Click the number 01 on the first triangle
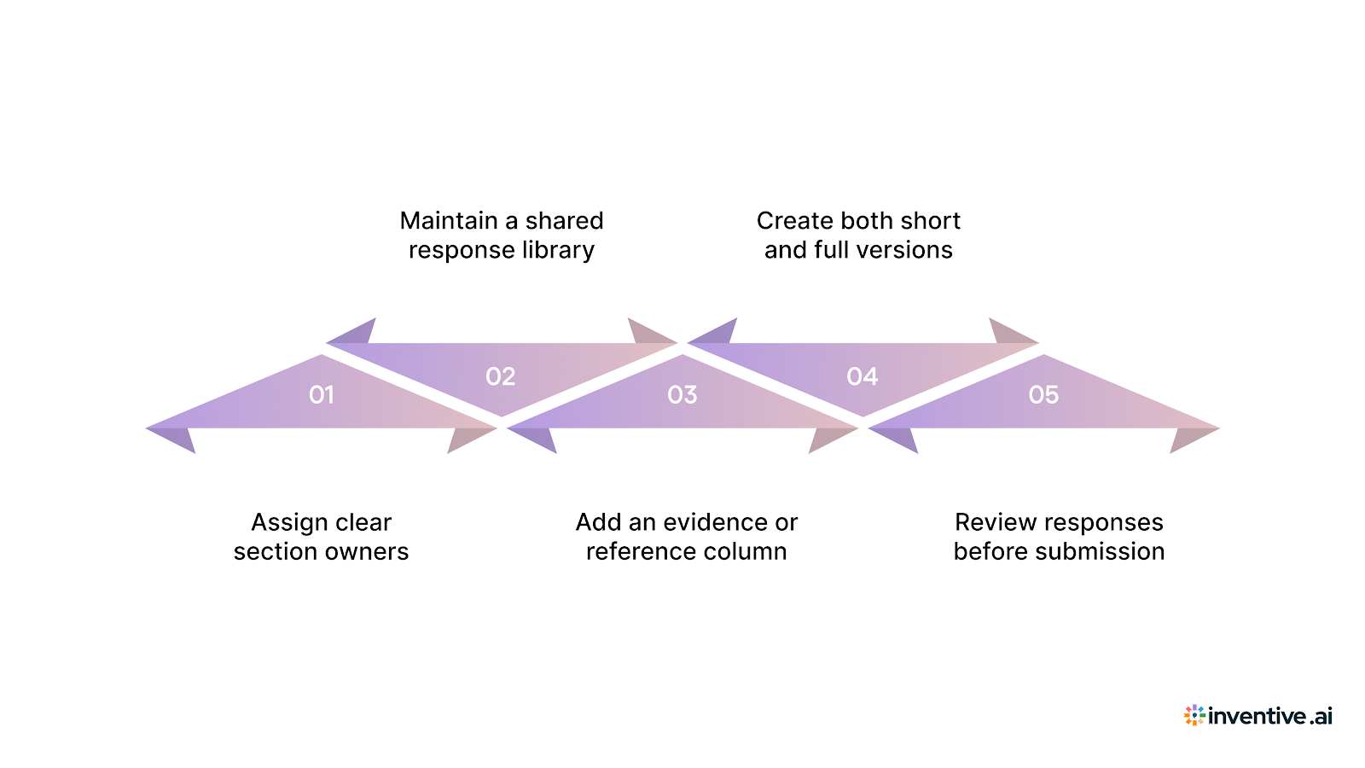[x=322, y=394]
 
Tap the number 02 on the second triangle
[x=501, y=376]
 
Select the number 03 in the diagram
[x=682, y=394]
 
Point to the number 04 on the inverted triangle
[x=863, y=376]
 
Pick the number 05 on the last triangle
[x=1043, y=394]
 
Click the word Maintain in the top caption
[x=449, y=221]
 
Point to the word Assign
[x=290, y=523]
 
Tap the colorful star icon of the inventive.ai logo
[x=1194, y=715]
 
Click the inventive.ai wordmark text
[x=1269, y=716]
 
